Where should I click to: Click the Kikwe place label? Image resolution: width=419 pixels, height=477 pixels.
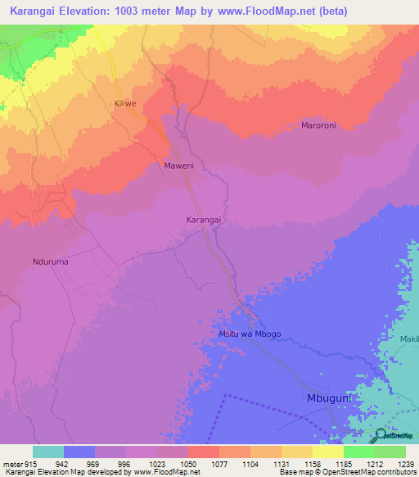coord(124,104)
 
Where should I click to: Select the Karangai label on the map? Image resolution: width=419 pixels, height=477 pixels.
coord(205,220)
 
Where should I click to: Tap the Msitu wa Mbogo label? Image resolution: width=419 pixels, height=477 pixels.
coord(250,334)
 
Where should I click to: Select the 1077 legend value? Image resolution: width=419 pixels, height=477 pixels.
coord(219,464)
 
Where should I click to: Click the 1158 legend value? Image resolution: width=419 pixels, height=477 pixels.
coord(312,464)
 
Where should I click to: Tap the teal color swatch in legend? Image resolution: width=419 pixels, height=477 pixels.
coord(48,452)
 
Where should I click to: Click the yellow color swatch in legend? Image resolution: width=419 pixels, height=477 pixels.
coord(327,452)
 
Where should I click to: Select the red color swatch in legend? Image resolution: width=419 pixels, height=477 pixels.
coord(203,452)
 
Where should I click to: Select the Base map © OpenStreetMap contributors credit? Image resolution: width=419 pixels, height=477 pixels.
coord(347,472)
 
